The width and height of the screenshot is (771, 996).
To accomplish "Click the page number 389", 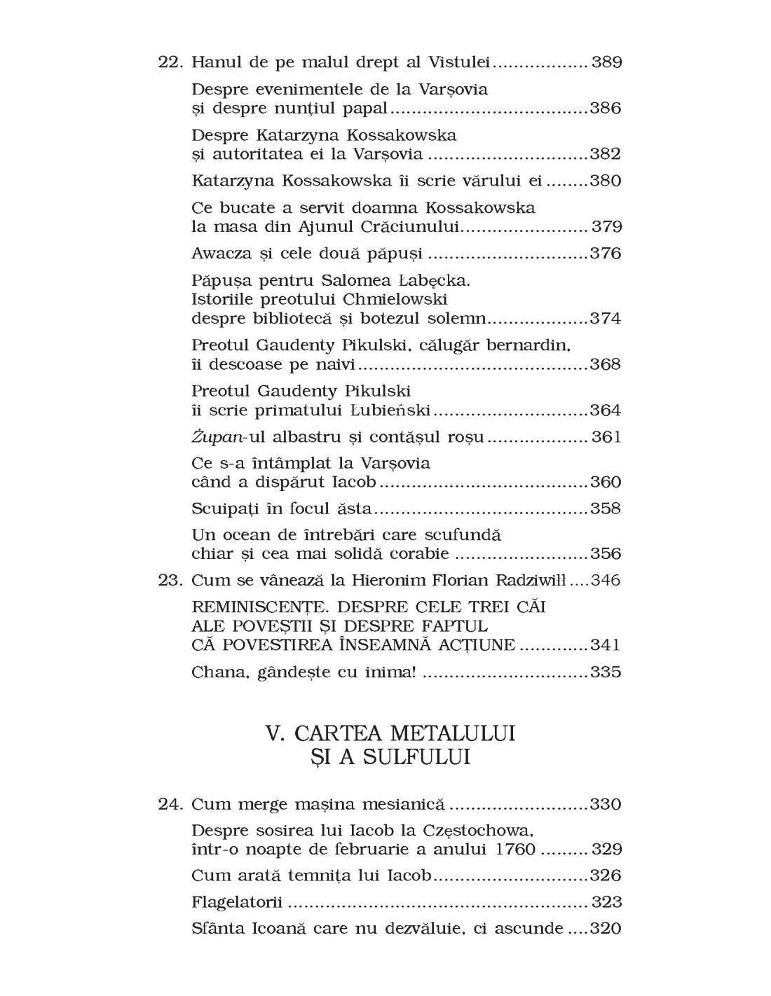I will (x=607, y=62).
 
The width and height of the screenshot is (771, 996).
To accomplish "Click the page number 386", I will (x=606, y=109).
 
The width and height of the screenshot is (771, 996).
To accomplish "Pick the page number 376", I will (x=606, y=253).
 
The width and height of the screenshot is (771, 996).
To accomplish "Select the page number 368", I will (x=606, y=364).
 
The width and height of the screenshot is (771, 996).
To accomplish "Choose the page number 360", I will (x=606, y=483).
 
